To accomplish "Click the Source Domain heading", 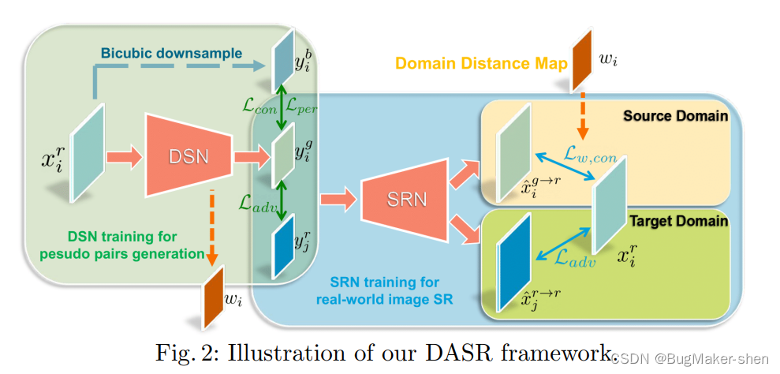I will click(674, 116).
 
